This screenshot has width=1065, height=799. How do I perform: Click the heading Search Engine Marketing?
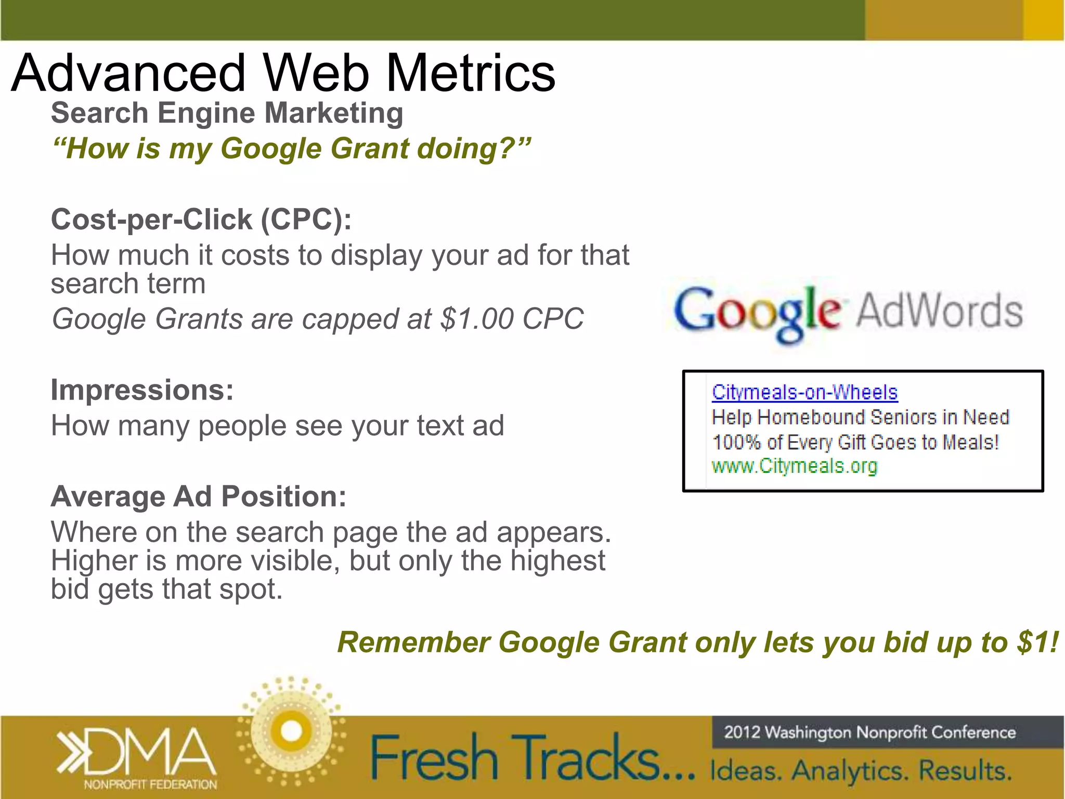(227, 113)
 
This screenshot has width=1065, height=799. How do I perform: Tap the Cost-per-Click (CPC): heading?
(201, 219)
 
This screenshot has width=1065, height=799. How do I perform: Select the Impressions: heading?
(142, 390)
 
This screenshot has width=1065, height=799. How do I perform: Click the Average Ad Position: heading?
(198, 496)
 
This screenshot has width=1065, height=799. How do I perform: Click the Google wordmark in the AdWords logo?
(757, 312)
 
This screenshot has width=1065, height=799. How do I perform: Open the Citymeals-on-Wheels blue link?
(804, 392)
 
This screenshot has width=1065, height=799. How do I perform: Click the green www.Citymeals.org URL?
(794, 466)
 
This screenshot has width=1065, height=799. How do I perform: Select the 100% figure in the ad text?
(736, 442)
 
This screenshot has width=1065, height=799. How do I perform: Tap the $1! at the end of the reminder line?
(1038, 642)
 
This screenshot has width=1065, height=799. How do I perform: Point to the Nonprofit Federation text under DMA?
(150, 784)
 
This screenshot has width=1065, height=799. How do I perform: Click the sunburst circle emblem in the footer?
(291, 731)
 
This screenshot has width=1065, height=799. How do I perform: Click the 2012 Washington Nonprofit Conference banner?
(869, 732)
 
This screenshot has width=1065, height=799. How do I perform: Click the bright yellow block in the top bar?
(1043, 20)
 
